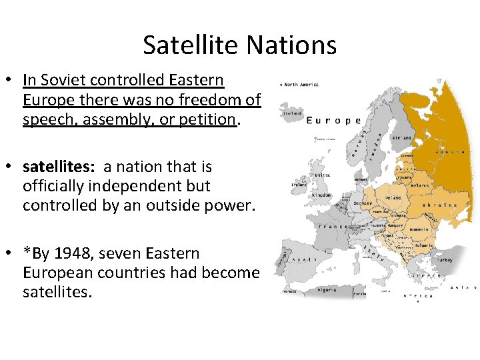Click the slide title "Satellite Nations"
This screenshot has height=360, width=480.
click(239, 45)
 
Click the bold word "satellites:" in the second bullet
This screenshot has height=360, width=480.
click(59, 167)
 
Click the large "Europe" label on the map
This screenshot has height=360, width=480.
click(333, 121)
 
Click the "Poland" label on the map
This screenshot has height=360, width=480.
click(394, 198)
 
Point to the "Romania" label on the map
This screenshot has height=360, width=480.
click(419, 229)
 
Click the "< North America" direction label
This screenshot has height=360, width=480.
click(299, 85)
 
